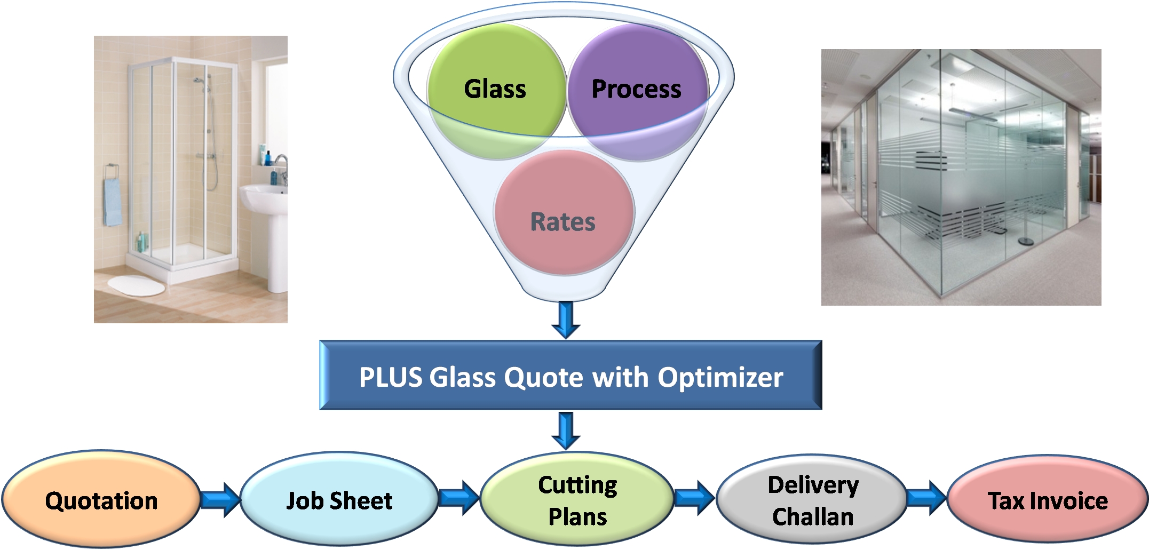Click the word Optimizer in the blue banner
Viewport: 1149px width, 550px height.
pos(720,377)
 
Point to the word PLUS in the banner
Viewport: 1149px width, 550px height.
pos(391,377)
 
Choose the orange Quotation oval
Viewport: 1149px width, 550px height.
pos(101,500)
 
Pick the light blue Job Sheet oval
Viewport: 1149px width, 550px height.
pos(339,500)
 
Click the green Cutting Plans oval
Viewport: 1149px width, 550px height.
pos(577,500)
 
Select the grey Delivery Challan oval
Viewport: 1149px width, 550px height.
pos(812,500)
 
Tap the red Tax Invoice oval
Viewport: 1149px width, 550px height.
pos(1048,500)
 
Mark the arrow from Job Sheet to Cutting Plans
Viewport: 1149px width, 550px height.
pos(459,498)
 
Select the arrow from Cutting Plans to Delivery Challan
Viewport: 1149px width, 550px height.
pos(694,498)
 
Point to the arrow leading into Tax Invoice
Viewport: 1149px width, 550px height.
pos(926,498)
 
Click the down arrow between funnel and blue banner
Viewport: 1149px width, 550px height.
pos(566,319)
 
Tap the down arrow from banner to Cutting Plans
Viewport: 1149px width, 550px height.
pos(566,430)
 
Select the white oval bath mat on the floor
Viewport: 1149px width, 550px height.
pos(137,285)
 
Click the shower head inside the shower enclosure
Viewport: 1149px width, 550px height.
pos(199,81)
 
